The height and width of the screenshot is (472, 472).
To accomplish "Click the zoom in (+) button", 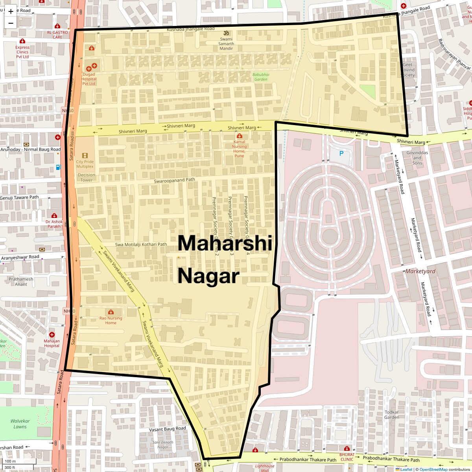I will point(11,11).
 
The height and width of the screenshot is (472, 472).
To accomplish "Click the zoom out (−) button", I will point(11,23).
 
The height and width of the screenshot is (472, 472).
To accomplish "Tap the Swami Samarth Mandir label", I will point(226,43).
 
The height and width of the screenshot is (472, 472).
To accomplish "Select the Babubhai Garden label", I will point(261,77).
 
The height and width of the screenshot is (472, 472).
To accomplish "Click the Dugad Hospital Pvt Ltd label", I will point(89,79).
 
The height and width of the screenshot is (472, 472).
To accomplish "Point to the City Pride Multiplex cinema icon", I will point(85,155).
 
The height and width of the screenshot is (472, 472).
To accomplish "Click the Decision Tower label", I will point(87,177).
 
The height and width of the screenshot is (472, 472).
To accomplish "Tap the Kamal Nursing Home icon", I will point(239,136).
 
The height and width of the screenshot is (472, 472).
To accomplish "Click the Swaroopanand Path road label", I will point(174,181).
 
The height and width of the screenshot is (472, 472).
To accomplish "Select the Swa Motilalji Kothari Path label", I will point(141,244).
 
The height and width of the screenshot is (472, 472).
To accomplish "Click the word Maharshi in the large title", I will point(225,243).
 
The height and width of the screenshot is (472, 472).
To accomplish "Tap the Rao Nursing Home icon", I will point(111,312).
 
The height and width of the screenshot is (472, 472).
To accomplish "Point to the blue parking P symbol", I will point(341,153).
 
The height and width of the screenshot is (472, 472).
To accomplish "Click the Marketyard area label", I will point(420,271).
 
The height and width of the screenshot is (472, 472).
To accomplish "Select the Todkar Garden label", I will point(391,415).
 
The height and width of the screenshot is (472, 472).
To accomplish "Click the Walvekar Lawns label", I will point(20,424).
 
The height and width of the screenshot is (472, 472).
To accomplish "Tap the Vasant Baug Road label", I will point(167,429).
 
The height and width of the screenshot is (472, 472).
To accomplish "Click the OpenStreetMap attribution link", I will point(433,469).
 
